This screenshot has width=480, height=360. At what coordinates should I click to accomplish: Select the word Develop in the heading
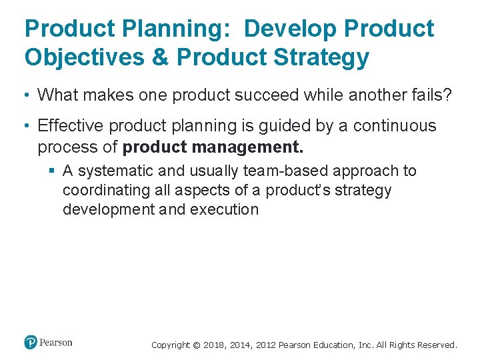click(294, 29)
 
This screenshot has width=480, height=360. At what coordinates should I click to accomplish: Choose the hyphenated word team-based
click(287, 171)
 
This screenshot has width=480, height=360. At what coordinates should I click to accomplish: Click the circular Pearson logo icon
click(31, 343)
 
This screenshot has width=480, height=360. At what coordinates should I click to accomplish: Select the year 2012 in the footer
click(263, 345)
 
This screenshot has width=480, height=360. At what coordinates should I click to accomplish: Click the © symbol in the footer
click(196, 345)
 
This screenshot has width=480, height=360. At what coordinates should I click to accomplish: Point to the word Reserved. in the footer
click(437, 345)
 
